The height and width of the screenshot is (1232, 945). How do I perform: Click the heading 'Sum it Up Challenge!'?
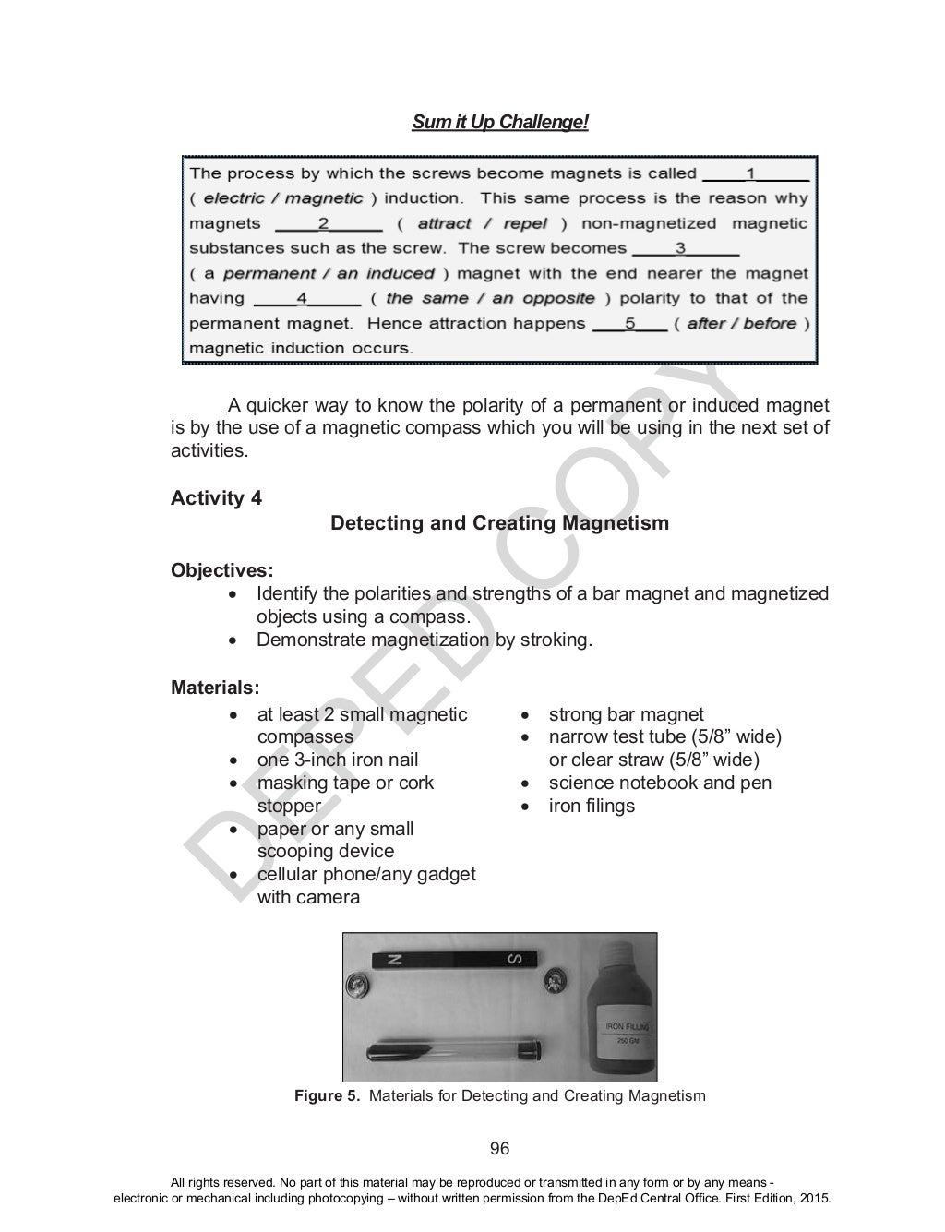[x=499, y=123]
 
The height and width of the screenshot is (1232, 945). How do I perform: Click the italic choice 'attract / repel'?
[x=482, y=223]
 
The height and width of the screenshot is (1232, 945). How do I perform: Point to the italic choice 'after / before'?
[x=742, y=323]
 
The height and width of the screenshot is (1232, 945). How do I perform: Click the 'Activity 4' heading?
[x=216, y=498]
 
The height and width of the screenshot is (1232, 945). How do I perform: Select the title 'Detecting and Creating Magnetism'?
[x=499, y=523]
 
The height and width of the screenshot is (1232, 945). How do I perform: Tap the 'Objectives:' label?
[x=221, y=570]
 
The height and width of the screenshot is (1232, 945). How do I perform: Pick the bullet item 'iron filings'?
[x=592, y=806]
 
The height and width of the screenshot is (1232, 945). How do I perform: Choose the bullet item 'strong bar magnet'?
[x=626, y=714]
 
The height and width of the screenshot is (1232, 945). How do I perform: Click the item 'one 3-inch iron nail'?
[x=337, y=760]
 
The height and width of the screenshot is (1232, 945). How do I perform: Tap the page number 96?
[x=499, y=1149]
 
